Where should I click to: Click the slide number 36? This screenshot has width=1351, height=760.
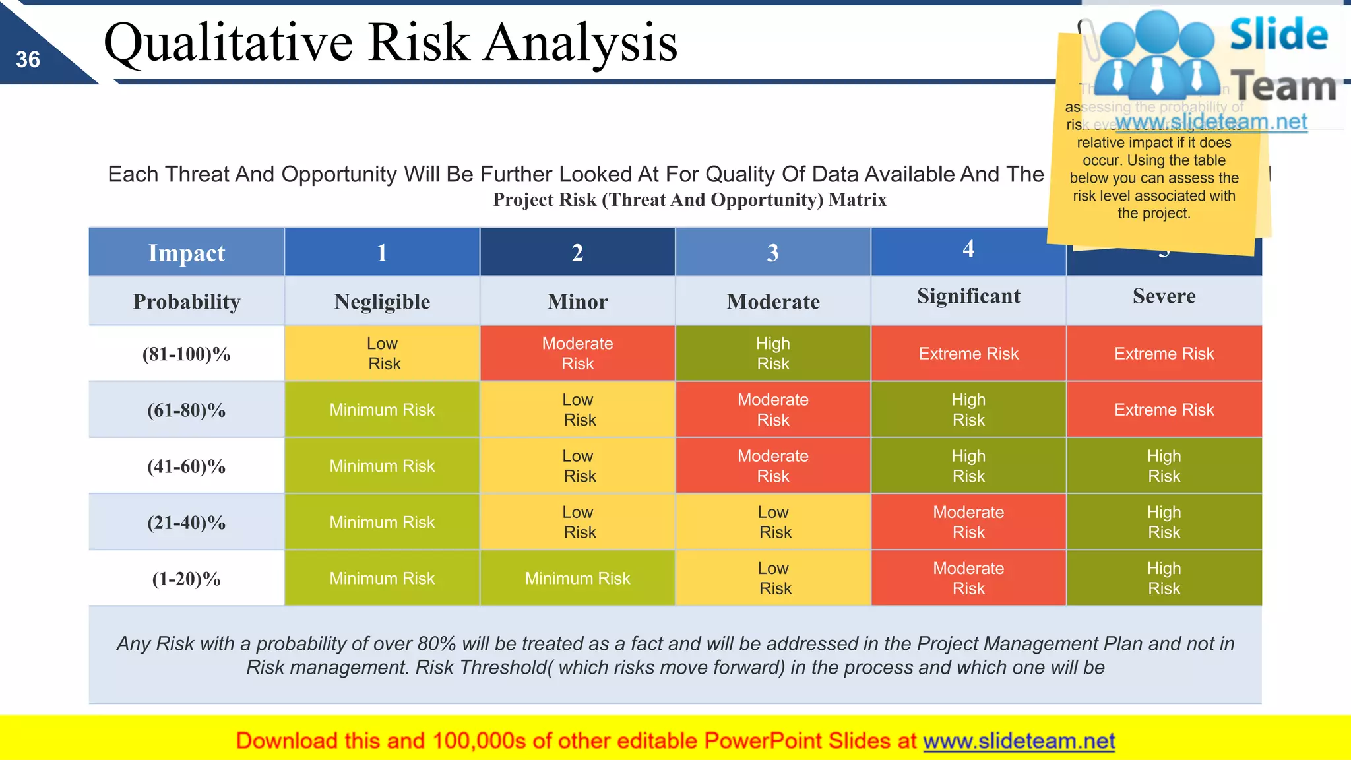[28, 60]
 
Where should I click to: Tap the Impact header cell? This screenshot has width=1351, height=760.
[186, 253]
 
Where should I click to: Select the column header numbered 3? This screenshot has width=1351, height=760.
[772, 253]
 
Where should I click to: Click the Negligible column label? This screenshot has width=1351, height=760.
[382, 301]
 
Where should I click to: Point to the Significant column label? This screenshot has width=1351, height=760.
[968, 296]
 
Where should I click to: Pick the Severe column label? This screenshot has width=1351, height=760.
[1164, 296]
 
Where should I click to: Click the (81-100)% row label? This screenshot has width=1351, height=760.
[186, 354]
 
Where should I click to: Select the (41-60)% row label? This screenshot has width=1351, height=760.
[186, 466]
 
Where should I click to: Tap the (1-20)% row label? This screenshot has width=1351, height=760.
[186, 579]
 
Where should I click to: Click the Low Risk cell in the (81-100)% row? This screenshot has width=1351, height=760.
[382, 354]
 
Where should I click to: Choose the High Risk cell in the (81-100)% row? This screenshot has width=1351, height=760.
[772, 354]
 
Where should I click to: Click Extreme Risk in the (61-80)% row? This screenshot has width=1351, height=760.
[1164, 410]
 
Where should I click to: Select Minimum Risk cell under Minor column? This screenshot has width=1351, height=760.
[577, 579]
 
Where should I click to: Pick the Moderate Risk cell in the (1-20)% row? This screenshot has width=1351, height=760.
[968, 579]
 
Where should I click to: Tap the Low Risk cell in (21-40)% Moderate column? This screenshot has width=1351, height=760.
[772, 522]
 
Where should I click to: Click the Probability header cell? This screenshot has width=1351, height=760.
[186, 301]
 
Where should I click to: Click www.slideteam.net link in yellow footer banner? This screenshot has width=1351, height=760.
[1019, 742]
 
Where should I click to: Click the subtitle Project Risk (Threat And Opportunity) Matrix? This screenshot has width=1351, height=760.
[689, 200]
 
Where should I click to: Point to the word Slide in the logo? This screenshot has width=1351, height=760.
[1278, 34]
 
